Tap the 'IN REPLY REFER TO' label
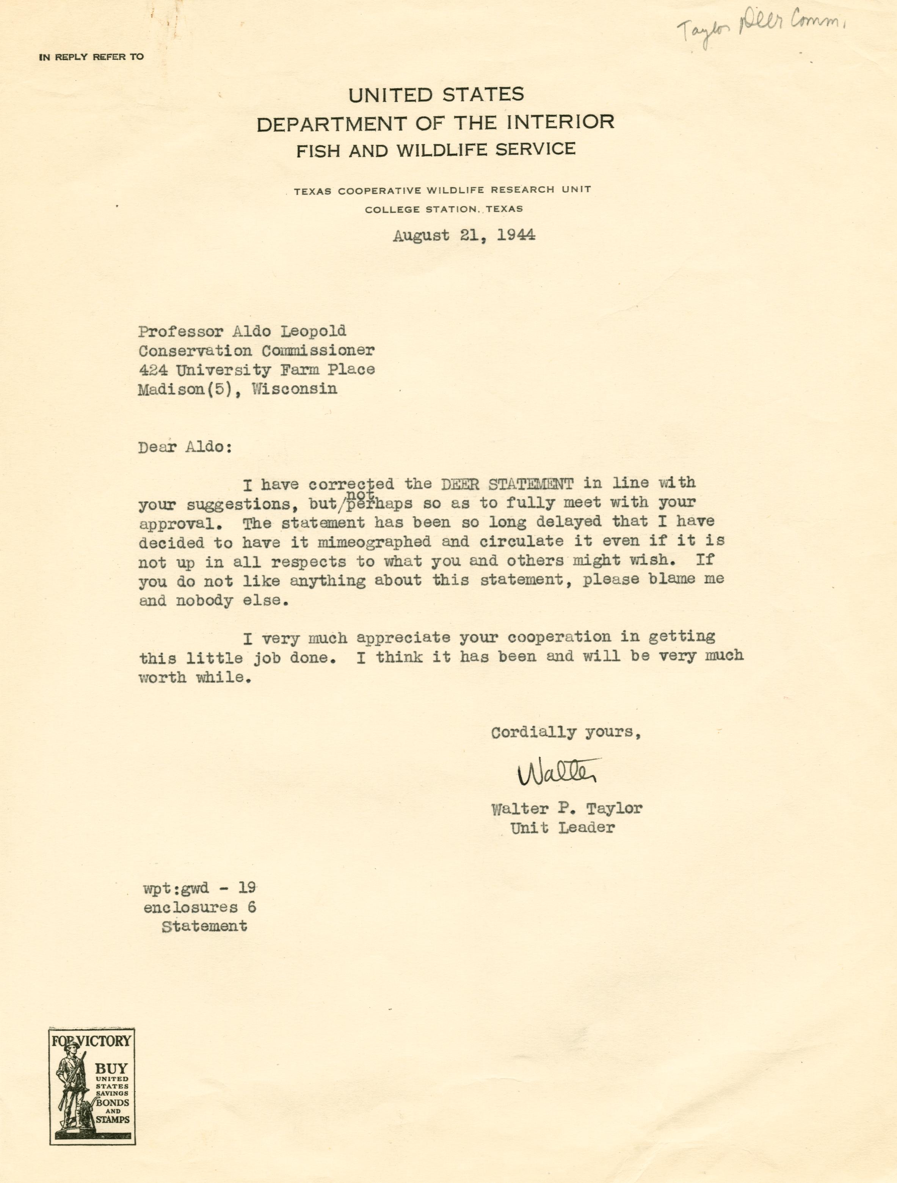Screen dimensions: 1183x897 click(91, 57)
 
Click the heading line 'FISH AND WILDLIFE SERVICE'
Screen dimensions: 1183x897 click(436, 150)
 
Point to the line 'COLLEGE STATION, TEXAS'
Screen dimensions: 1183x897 click(444, 209)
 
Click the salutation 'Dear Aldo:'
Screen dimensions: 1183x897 click(185, 447)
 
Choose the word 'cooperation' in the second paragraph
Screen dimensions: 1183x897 click(559, 638)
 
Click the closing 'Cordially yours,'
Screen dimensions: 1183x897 click(566, 732)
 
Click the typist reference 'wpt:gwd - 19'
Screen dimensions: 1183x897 click(199, 888)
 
